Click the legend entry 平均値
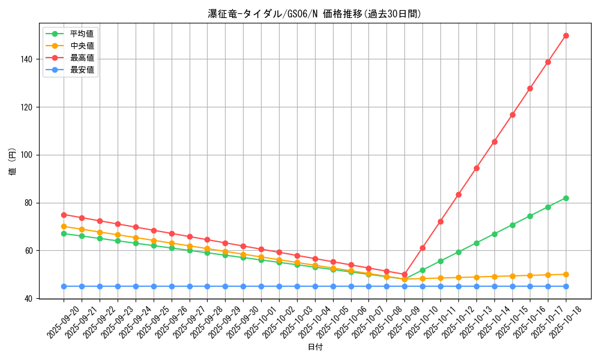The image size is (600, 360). [x=82, y=34]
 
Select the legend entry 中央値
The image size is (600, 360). [x=82, y=46]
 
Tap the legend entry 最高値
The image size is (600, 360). [x=82, y=58]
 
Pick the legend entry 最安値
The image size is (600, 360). [x=82, y=70]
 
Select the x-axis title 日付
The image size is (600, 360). [x=315, y=347]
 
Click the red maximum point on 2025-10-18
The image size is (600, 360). [x=566, y=35]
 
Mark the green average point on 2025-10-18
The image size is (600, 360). [x=566, y=198]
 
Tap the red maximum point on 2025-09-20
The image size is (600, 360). [x=64, y=215]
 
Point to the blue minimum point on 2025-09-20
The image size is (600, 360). [x=64, y=286]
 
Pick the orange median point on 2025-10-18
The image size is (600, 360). [x=566, y=274]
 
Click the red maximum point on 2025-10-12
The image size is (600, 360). [x=458, y=194]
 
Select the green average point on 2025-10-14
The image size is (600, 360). [x=494, y=234]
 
